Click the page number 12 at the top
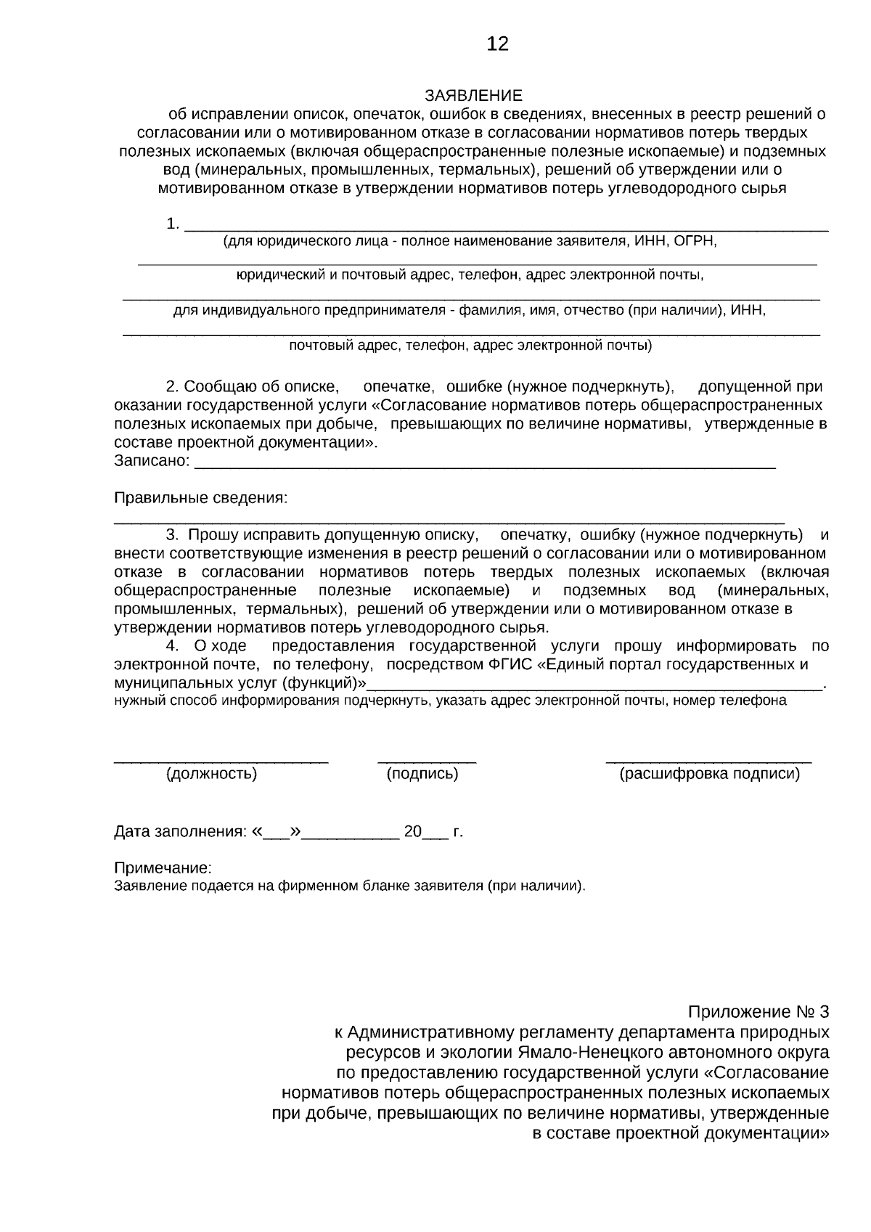pos(498,44)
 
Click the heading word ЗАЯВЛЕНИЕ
pos(473,96)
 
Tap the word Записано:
pos(152,461)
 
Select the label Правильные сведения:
pos(200,498)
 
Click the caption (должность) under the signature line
pos(212,774)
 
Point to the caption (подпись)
pos(422,774)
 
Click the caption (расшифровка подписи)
pos(709,774)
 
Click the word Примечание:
pos(163,868)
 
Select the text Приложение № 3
pos(758,1012)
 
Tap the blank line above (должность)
pos(221,762)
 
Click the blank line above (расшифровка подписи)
pos(708,762)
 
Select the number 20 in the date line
pos(413,832)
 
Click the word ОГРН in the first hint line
pos(695,241)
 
